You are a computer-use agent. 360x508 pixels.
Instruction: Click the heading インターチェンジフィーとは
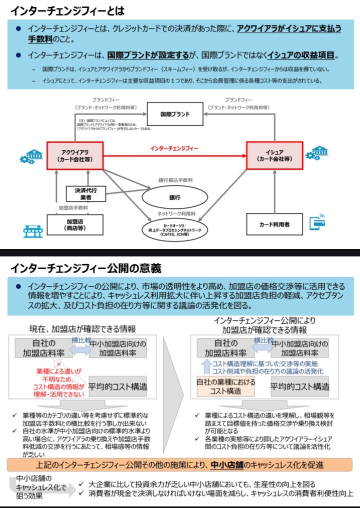(67, 10)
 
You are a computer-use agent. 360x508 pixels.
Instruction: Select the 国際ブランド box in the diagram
(175, 114)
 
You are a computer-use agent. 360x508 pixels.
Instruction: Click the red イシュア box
(274, 155)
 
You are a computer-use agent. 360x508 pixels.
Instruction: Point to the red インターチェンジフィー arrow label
(174, 148)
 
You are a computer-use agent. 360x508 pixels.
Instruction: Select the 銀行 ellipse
(174, 197)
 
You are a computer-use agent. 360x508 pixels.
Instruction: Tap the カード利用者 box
(274, 224)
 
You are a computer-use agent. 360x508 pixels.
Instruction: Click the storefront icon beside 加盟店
(32, 231)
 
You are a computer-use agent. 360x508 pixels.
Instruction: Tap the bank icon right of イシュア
(315, 152)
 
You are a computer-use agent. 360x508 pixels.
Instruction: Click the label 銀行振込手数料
(175, 180)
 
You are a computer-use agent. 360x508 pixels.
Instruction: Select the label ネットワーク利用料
(175, 213)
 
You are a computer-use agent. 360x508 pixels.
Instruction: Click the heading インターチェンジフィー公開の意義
(85, 268)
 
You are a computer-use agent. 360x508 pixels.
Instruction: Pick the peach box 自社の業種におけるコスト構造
(225, 386)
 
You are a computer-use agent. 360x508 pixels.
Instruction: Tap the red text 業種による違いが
(58, 371)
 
